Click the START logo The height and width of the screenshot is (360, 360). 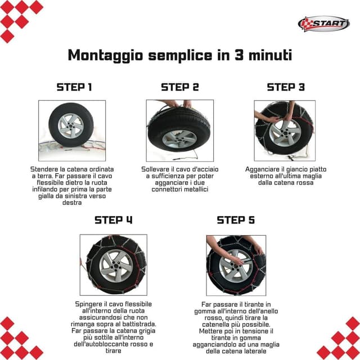click(x=324, y=24)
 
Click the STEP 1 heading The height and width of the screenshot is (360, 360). click(x=74, y=87)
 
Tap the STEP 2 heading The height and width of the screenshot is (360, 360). click(x=180, y=87)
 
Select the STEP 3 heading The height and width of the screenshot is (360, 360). click(x=286, y=87)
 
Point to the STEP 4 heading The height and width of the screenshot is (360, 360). click(x=114, y=220)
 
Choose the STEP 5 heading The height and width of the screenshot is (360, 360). click(x=236, y=220)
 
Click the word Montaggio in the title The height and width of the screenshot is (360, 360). click(x=106, y=56)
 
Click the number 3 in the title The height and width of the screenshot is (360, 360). click(x=239, y=55)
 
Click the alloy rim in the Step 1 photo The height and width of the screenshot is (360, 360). click(x=70, y=126)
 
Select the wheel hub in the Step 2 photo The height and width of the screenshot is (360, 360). click(x=179, y=139)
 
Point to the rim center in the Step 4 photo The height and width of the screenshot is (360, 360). click(x=116, y=266)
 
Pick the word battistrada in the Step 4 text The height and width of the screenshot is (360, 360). click(x=139, y=324)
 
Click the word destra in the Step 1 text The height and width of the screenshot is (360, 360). click(x=72, y=202)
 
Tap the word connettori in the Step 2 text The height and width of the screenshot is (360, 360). click(x=166, y=190)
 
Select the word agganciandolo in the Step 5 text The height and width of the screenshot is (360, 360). click(x=213, y=345)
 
